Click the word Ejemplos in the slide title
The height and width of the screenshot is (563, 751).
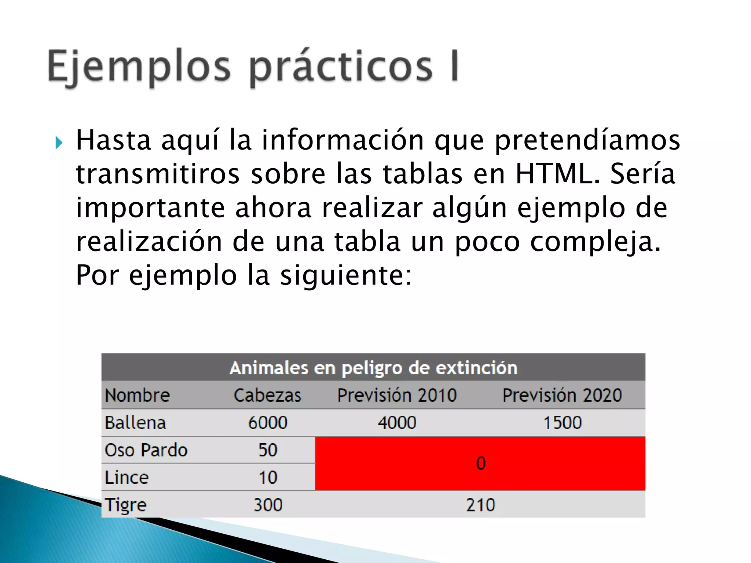pyautogui.click(x=139, y=67)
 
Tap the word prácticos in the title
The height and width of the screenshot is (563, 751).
pyautogui.click(x=341, y=67)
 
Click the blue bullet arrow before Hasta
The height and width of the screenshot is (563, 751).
pyautogui.click(x=59, y=143)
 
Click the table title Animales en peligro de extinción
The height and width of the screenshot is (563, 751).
pyautogui.click(x=373, y=368)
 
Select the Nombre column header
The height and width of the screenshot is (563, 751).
pyautogui.click(x=137, y=395)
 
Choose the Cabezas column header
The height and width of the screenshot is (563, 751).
pyautogui.click(x=268, y=395)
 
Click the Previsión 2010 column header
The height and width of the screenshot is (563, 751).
pyautogui.click(x=397, y=395)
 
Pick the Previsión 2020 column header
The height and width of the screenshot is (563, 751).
pyautogui.click(x=562, y=395)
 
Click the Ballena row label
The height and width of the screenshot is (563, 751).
pyautogui.click(x=135, y=423)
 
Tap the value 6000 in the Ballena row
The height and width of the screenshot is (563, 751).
pyautogui.click(x=268, y=423)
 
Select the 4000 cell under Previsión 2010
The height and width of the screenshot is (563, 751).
pyautogui.click(x=397, y=423)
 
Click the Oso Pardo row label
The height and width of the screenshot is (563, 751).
pyautogui.click(x=146, y=450)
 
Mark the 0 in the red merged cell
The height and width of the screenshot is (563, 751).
pyautogui.click(x=481, y=464)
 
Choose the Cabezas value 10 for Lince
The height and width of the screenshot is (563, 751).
pyautogui.click(x=268, y=478)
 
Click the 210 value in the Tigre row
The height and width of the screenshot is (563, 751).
pyautogui.click(x=480, y=505)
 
